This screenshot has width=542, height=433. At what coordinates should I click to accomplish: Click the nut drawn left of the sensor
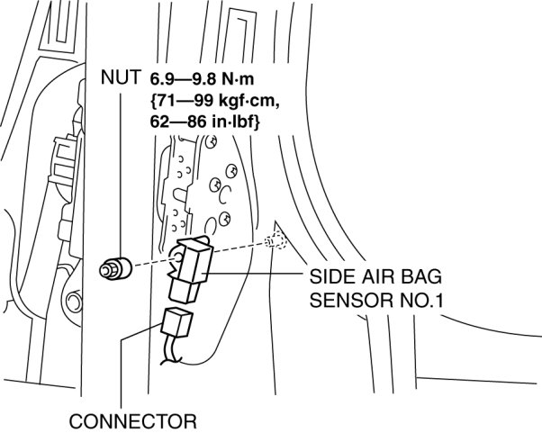113,266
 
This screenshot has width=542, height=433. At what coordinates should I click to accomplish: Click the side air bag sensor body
193,262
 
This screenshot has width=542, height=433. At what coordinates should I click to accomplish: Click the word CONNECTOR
133,420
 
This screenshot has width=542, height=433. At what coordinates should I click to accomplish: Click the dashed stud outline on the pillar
276,241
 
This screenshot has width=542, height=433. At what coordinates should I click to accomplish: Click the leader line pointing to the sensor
261,274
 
